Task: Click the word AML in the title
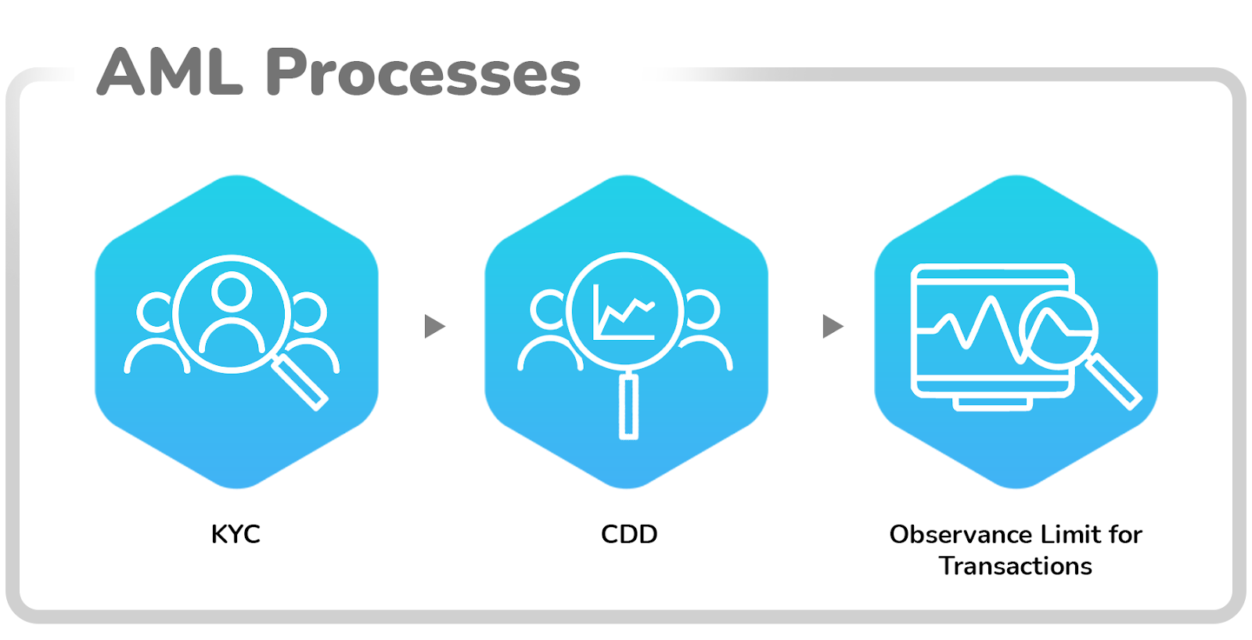tap(170, 72)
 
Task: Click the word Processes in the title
tap(423, 74)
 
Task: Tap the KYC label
tap(236, 534)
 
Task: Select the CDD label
tap(629, 534)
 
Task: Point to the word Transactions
tap(1016, 566)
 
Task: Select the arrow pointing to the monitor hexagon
tap(833, 326)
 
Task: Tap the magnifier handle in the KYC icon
tap(300, 382)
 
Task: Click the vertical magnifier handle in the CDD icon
tap(629, 405)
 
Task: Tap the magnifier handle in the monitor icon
tap(1113, 382)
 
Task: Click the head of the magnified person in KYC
tap(232, 291)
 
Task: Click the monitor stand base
tap(992, 403)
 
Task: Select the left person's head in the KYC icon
tap(155, 312)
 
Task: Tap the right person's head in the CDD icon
tap(702, 309)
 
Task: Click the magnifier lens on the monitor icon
tap(1058, 330)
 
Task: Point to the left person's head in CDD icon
tap(549, 309)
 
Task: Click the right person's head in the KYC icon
tap(308, 312)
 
